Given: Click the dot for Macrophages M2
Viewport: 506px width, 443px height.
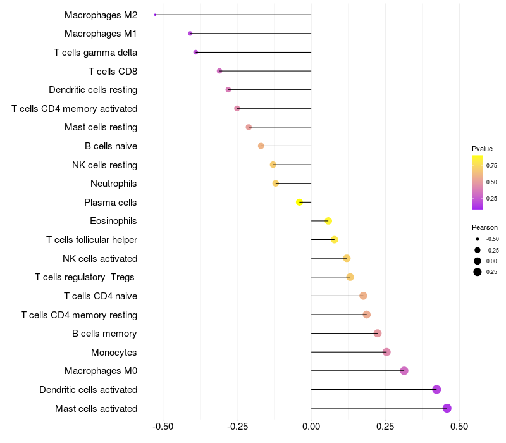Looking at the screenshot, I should click(x=155, y=15).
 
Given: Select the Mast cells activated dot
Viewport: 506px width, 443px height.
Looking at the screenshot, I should click(x=447, y=408).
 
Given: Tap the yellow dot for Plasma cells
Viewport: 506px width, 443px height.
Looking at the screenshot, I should click(x=300, y=203).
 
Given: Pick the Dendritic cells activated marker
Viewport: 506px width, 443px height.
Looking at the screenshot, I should click(x=436, y=389).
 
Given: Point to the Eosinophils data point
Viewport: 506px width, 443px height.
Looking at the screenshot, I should click(x=328, y=221).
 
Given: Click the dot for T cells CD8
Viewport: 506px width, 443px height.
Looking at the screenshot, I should click(x=219, y=71).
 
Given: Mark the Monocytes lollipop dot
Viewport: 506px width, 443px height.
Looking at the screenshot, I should click(x=386, y=352).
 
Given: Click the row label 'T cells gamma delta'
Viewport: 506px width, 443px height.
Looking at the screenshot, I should click(x=96, y=53).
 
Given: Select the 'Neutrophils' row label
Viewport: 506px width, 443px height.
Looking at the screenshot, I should click(x=114, y=184).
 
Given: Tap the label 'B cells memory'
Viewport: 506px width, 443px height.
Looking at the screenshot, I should click(x=104, y=334).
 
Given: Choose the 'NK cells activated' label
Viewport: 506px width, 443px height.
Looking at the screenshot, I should click(x=100, y=258).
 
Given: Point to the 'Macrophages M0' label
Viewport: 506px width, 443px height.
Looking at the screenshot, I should click(x=101, y=371).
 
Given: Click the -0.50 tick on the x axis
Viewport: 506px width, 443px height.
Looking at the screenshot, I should click(x=163, y=427).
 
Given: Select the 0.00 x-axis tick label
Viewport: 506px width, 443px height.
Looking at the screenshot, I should click(x=311, y=427).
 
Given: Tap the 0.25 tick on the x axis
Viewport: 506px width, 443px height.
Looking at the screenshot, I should click(x=385, y=427).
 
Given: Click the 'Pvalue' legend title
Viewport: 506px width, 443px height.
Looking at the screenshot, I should click(x=482, y=149).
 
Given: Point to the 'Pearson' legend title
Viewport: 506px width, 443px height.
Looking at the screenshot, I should click(x=484, y=227).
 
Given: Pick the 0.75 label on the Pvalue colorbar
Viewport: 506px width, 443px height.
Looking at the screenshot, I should click(x=491, y=166).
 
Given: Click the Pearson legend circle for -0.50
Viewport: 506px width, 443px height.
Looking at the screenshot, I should click(x=478, y=239).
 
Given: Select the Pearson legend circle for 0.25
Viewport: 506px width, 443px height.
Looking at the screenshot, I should click(x=478, y=272).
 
